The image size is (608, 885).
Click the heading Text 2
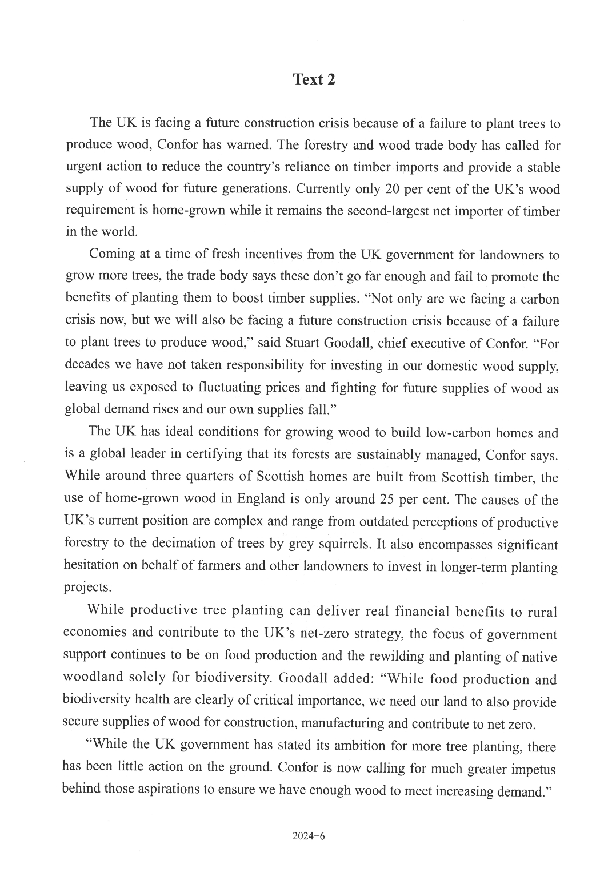(x=314, y=79)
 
